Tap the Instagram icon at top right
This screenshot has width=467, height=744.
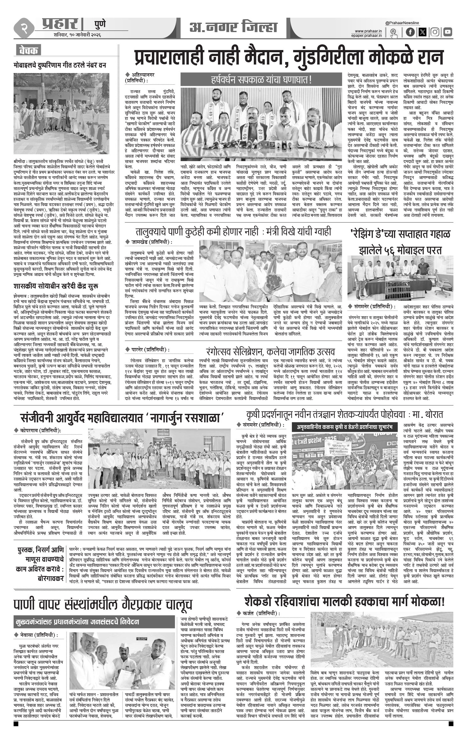click(435, 32)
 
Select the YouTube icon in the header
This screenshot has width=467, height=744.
click(448, 32)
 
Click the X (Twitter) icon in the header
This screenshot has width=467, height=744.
click(422, 32)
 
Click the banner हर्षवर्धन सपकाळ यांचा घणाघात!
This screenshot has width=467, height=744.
click(261, 80)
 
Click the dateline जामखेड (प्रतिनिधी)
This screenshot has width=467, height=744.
click(151, 242)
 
